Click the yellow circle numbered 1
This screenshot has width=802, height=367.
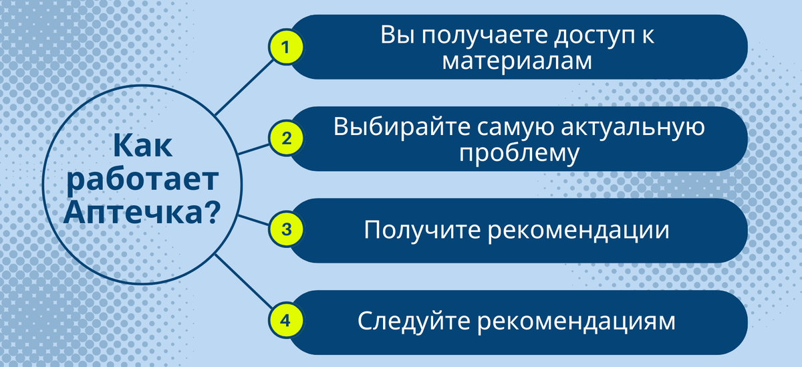[x=286, y=47]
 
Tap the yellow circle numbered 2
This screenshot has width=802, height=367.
[x=286, y=138]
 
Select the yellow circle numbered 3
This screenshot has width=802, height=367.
[x=286, y=229]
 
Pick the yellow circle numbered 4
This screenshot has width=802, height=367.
[x=286, y=320]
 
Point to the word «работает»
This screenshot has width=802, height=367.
[x=142, y=179]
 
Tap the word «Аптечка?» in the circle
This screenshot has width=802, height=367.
[x=142, y=213]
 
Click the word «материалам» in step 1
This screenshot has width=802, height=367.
[x=517, y=62]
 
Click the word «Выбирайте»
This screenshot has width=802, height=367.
[x=402, y=127]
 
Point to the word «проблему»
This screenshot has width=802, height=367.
[x=519, y=154]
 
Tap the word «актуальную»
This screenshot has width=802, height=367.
[x=633, y=128]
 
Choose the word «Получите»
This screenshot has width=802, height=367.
[x=422, y=230]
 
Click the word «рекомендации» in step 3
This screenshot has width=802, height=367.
[x=579, y=231]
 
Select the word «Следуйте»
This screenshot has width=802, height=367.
[x=414, y=321]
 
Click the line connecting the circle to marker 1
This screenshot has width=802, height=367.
[x=244, y=88]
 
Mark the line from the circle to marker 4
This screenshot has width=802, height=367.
[x=244, y=281]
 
